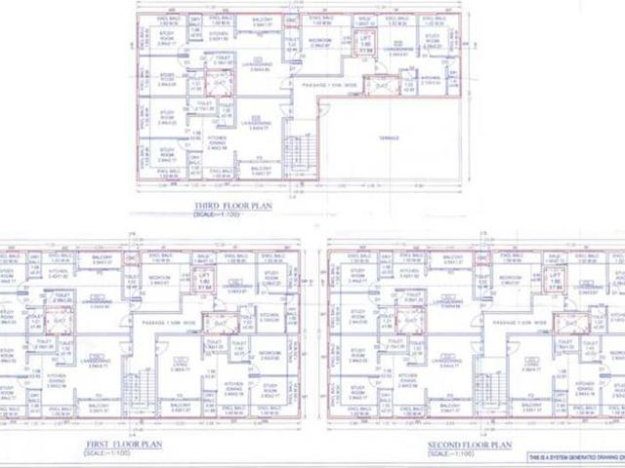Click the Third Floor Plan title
tap(234, 206)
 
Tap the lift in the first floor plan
tap(204, 284)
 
